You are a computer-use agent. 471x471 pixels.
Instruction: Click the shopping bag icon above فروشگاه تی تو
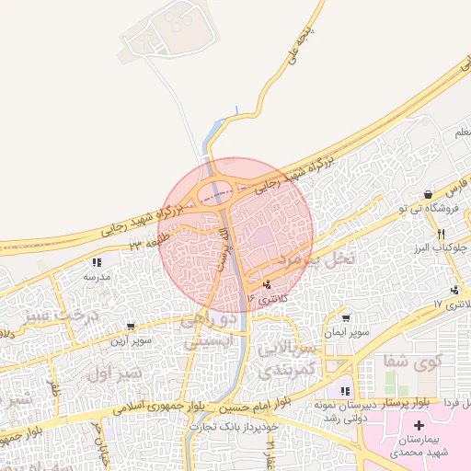[x=429, y=196]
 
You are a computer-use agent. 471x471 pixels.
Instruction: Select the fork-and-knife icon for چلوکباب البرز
[x=442, y=235]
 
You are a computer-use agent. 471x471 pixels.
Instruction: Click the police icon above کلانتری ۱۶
[x=267, y=286]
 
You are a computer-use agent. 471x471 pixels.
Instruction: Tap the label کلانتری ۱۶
[x=267, y=299]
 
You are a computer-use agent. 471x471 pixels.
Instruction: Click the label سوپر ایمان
[x=346, y=331]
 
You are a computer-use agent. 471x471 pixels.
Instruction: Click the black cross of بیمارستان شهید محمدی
[x=419, y=426]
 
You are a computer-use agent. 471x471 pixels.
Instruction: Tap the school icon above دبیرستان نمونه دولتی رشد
[x=346, y=392]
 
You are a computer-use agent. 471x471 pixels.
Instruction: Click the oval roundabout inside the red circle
[x=220, y=191]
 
